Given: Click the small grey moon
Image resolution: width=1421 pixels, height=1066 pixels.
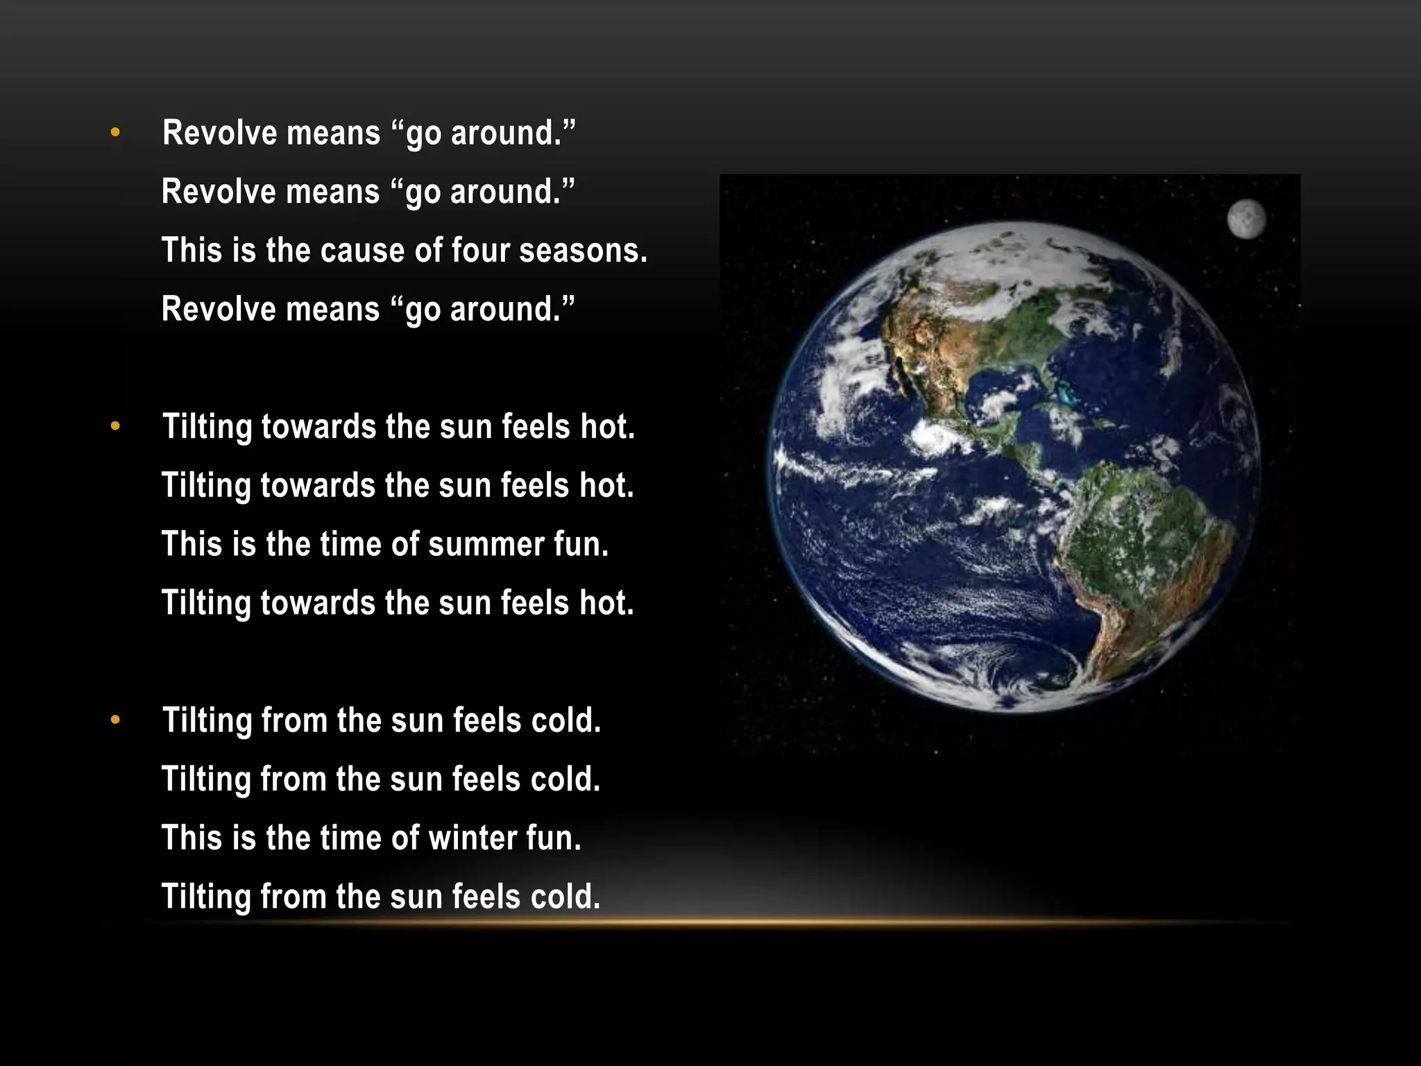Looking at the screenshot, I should (1246, 219).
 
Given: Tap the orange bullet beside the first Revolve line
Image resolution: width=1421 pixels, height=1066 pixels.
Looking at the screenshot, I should (115, 132).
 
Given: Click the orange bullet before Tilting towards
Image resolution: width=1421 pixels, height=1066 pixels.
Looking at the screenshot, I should (115, 426).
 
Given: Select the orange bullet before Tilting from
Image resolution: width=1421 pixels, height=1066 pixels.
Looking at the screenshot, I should (115, 720).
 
